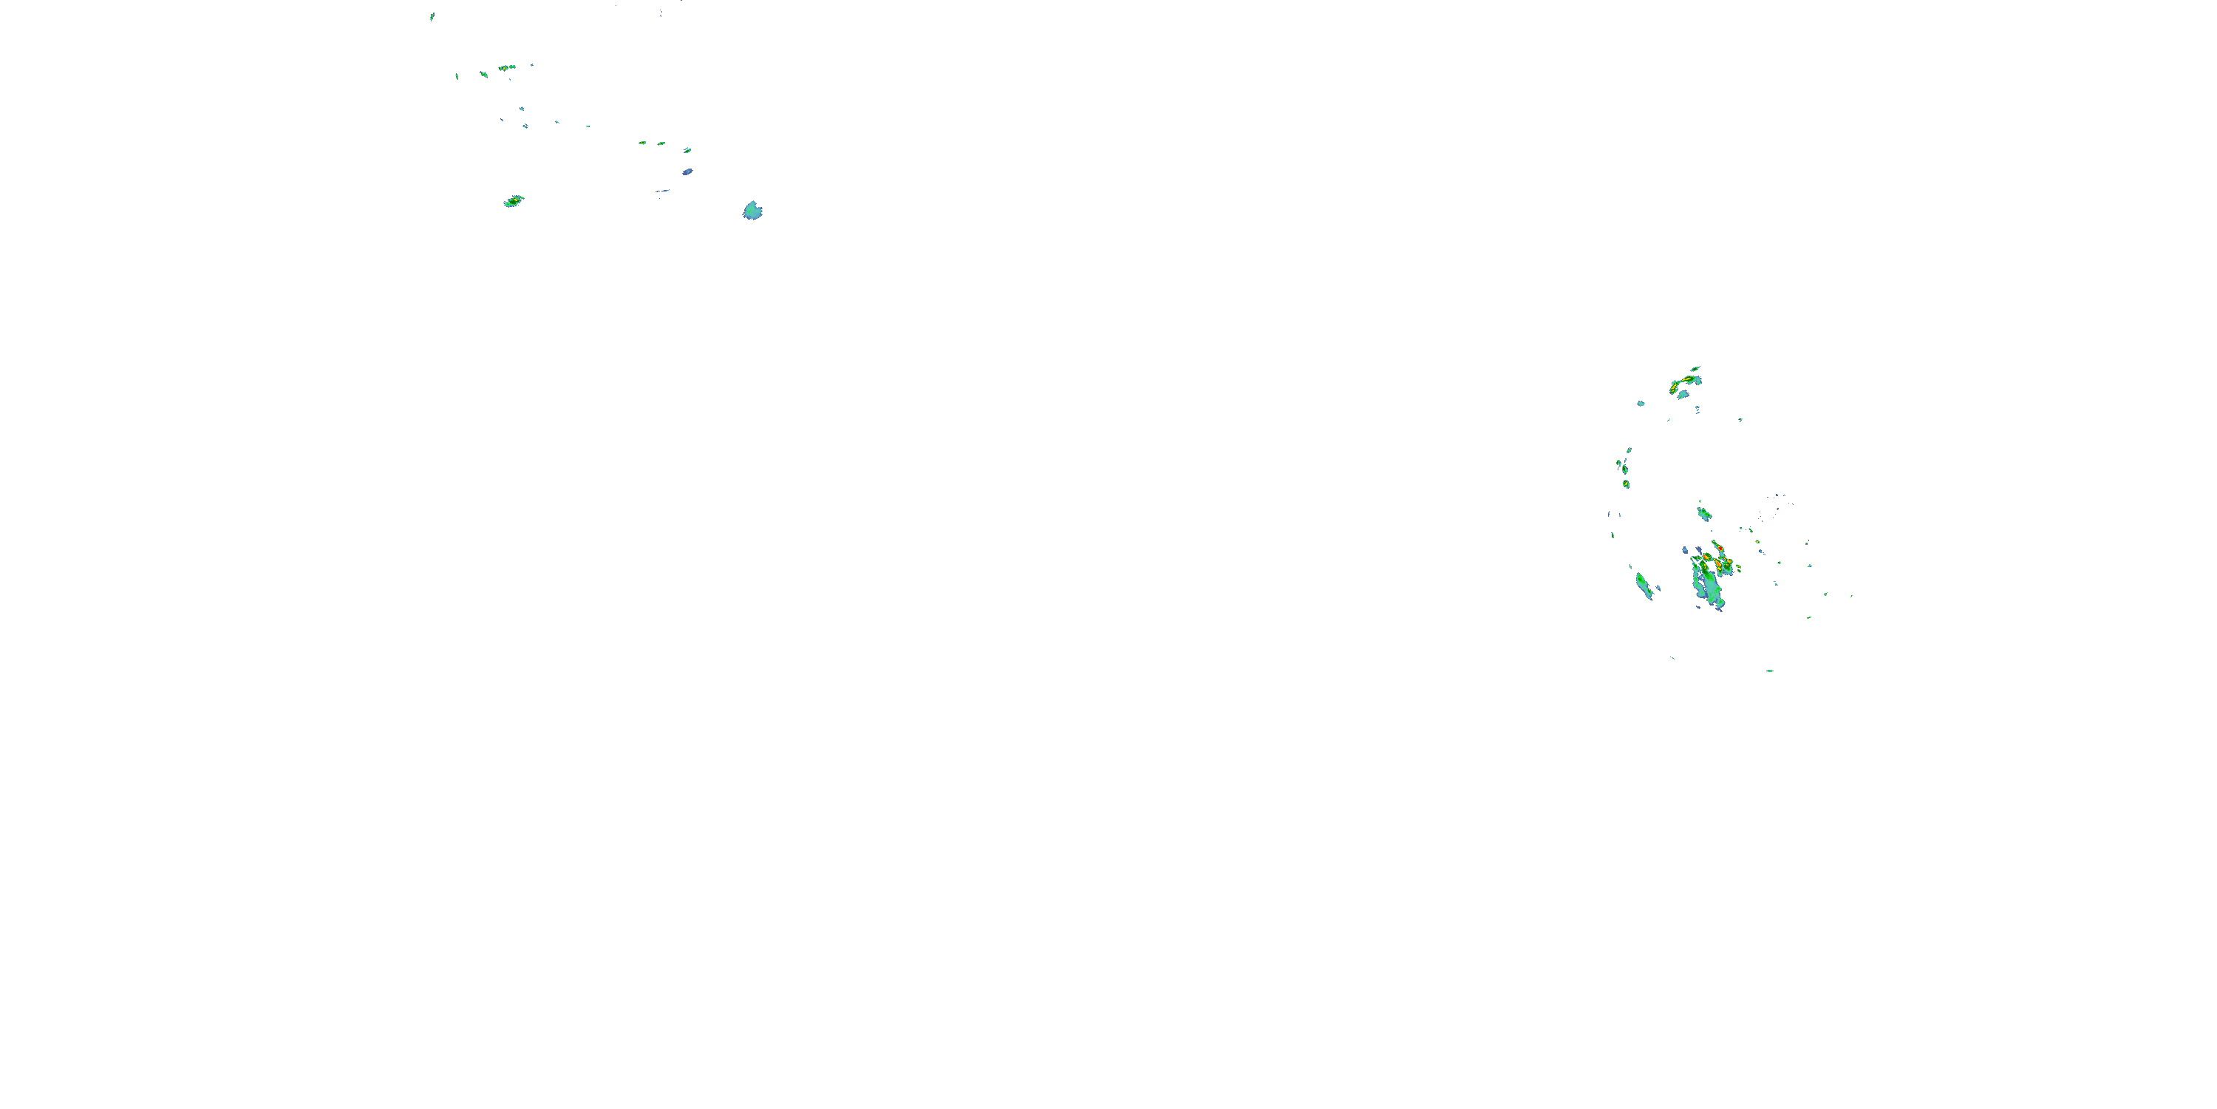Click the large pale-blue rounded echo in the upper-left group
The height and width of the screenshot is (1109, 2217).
tap(752, 210)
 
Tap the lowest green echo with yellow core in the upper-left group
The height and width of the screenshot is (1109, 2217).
tap(513, 202)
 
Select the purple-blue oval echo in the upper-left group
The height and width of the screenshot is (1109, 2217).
tap(688, 172)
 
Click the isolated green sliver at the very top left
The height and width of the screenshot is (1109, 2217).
tap(432, 16)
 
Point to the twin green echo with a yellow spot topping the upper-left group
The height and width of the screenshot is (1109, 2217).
tap(507, 67)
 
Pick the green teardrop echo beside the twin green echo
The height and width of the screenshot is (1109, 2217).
tap(484, 75)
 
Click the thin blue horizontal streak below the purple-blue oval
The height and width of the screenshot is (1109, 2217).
tap(662, 190)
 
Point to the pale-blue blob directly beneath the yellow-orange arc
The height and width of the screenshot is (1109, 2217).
tap(1683, 394)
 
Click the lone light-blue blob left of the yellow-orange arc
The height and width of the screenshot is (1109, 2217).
tap(1641, 403)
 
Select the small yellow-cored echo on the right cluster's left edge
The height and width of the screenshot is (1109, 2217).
tap(1626, 484)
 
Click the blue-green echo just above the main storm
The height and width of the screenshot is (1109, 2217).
tap(1703, 514)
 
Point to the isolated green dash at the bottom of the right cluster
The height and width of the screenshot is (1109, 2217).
tap(1771, 671)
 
